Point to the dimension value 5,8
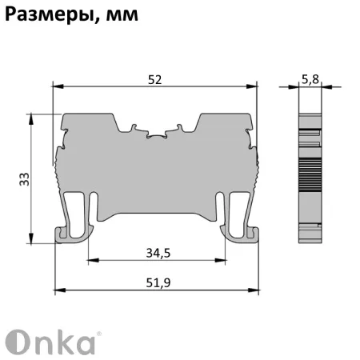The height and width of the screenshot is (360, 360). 311,78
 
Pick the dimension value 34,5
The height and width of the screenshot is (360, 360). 158,254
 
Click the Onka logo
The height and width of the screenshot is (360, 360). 51,340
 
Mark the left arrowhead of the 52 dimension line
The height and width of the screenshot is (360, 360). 56,86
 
